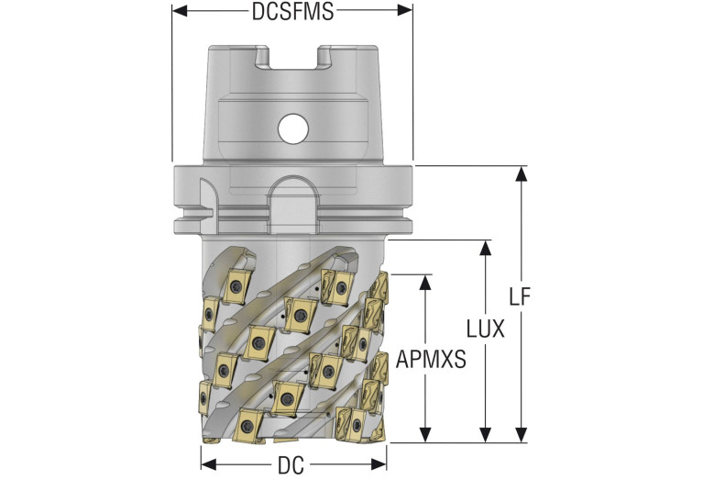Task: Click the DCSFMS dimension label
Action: [291, 12]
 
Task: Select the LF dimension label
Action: [521, 298]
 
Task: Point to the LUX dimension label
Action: [485, 329]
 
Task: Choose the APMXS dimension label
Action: [431, 361]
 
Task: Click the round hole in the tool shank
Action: [293, 128]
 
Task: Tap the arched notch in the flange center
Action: [293, 204]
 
